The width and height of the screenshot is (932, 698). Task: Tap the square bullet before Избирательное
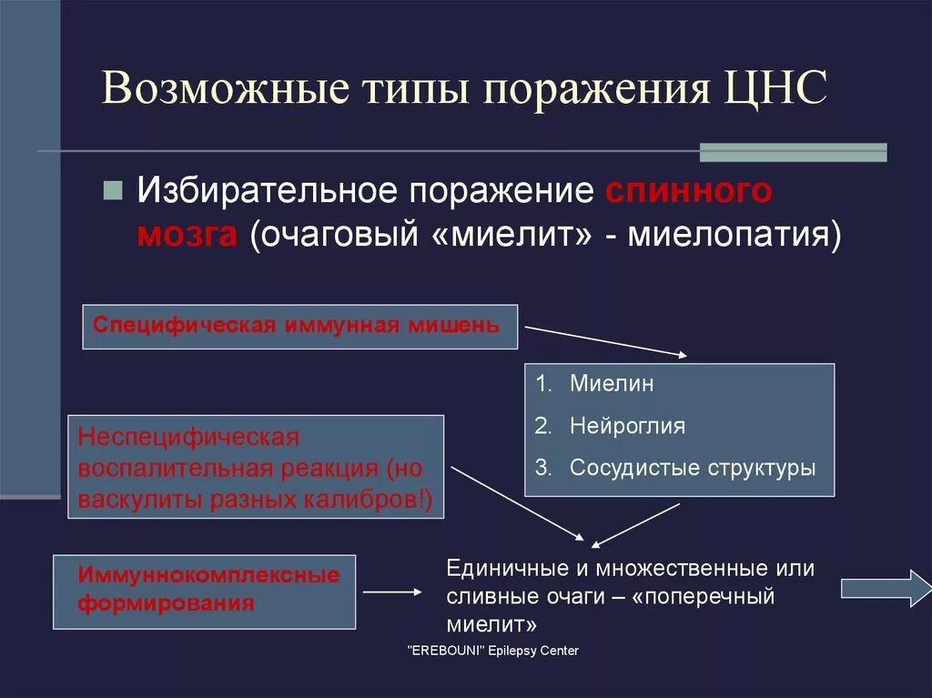click(x=113, y=191)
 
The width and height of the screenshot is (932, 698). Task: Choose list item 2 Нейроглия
click(x=627, y=426)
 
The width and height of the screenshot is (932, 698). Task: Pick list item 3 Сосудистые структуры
click(x=692, y=468)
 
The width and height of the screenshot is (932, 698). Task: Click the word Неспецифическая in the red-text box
click(x=188, y=438)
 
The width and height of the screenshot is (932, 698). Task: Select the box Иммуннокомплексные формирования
click(x=204, y=592)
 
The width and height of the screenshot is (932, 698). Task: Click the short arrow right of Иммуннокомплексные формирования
click(x=392, y=592)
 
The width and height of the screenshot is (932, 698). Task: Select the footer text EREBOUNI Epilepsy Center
click(x=491, y=651)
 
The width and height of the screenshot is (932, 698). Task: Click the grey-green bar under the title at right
click(x=792, y=152)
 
